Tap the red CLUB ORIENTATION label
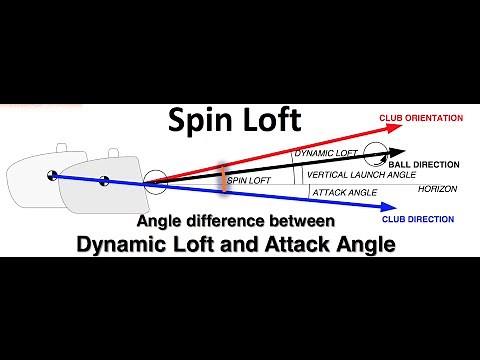[421, 118]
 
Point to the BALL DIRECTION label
[424, 164]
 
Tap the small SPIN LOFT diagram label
[249, 181]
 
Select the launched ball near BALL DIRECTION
[376, 153]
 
